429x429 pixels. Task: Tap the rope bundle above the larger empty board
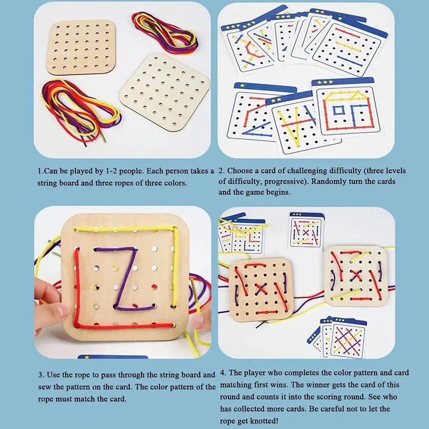point(165,32)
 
